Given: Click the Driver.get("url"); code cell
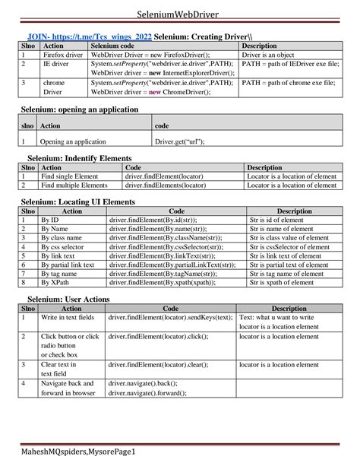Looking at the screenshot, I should (180, 141).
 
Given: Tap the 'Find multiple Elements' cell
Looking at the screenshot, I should (74, 185).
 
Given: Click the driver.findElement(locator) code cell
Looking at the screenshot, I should (164, 176).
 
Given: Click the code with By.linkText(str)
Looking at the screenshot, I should (172, 256).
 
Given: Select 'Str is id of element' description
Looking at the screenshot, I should (279, 220).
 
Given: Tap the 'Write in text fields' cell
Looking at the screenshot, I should (68, 317).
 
